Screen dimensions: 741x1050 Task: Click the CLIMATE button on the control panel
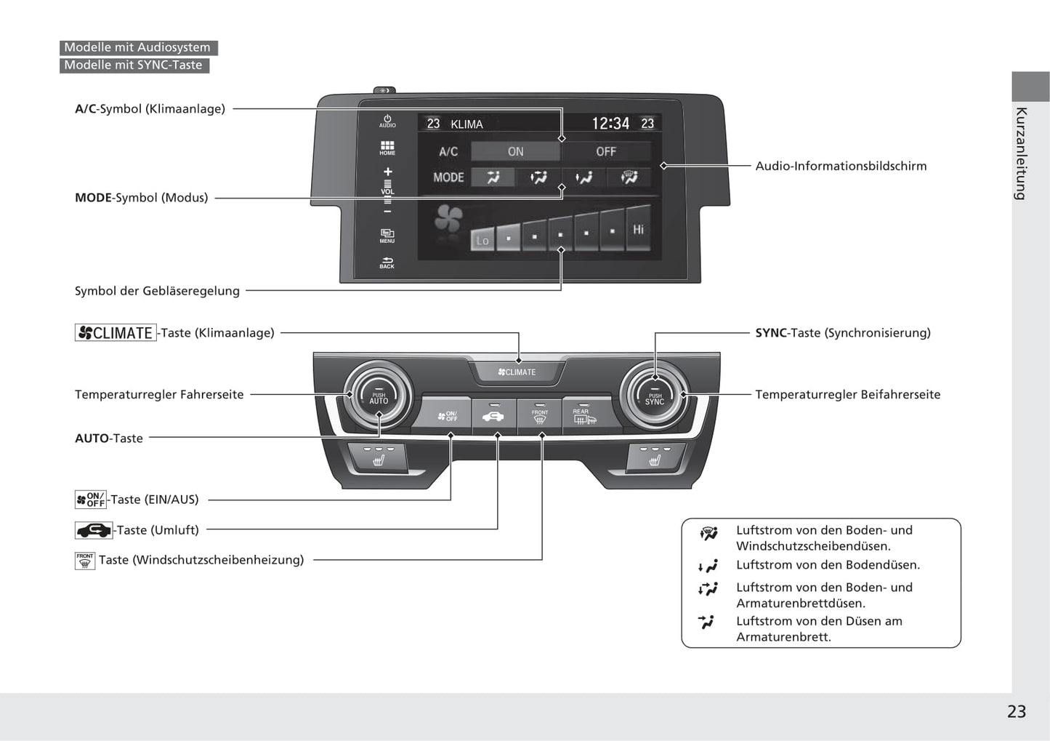pyautogui.click(x=517, y=372)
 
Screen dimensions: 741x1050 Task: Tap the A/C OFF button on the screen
pyautogui.click(x=606, y=151)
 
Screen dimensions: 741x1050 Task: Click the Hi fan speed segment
pyautogui.click(x=638, y=231)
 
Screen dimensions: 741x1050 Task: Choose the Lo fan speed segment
pyautogui.click(x=482, y=239)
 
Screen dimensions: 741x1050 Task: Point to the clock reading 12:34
pyautogui.click(x=610, y=124)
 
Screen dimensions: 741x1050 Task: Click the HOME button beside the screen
pyautogui.click(x=387, y=148)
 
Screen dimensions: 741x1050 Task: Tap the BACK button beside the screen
pyautogui.click(x=387, y=263)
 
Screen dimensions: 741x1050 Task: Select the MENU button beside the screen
pyautogui.click(x=387, y=236)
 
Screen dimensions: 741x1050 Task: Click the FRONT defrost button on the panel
pyautogui.click(x=540, y=417)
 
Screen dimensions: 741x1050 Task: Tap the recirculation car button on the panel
pyautogui.click(x=493, y=417)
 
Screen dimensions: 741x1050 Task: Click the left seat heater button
pyautogui.click(x=378, y=457)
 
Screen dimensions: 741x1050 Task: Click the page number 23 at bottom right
pyautogui.click(x=1016, y=711)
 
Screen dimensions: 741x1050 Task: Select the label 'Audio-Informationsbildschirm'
pyautogui.click(x=841, y=166)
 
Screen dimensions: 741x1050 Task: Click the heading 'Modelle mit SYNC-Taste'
pyautogui.click(x=134, y=65)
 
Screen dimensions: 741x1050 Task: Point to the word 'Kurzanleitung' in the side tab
pyautogui.click(x=1021, y=153)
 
